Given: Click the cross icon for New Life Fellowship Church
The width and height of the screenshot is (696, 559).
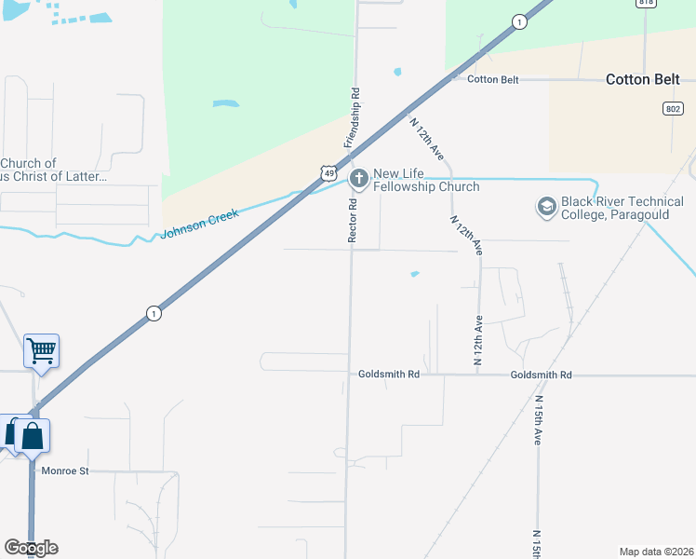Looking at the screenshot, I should [356, 178].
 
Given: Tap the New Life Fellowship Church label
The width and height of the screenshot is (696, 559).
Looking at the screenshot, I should [426, 181].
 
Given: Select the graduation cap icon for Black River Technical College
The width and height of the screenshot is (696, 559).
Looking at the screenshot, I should [546, 206].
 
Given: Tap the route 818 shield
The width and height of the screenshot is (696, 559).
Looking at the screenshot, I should [647, 3].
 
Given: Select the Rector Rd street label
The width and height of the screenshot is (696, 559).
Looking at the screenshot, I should [353, 221].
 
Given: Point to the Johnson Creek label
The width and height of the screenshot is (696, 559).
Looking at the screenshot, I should [200, 224].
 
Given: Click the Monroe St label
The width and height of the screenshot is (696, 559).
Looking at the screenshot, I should [65, 471].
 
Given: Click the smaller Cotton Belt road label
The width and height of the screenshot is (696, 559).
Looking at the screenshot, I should [493, 79].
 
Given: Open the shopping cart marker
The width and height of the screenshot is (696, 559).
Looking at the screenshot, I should [41, 351].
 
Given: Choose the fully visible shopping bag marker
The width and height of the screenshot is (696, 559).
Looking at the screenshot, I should [32, 435].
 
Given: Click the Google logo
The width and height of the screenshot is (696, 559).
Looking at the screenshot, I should [31, 547].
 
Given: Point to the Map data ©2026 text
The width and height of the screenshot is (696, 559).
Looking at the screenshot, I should [656, 552].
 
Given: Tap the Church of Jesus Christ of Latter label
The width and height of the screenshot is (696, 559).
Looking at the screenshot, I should [54, 170].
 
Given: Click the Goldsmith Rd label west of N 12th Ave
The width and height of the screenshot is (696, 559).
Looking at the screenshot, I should [389, 375].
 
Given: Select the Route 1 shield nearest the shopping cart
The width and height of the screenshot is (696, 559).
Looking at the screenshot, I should [154, 314].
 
